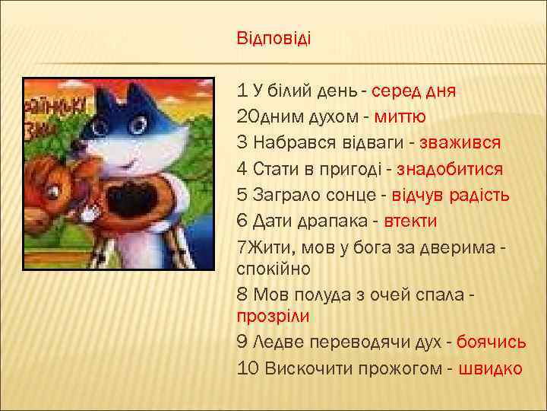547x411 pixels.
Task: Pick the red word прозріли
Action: [273, 315]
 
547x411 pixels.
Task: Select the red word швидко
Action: [491, 368]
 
